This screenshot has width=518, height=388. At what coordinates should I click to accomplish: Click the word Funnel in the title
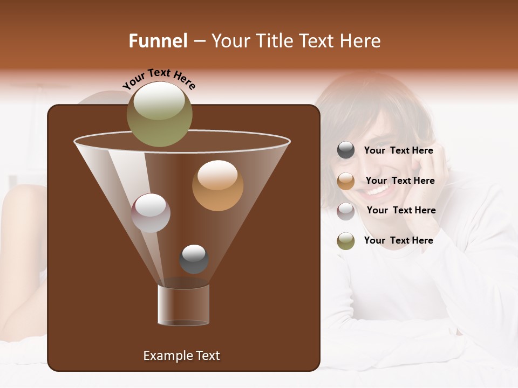click(158, 41)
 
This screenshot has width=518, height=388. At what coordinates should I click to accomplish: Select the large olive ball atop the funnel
click(160, 114)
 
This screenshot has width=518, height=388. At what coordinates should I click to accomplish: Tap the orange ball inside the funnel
click(217, 185)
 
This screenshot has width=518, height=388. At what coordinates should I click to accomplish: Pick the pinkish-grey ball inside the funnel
click(151, 213)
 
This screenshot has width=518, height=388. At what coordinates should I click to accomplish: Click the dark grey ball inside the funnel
click(194, 259)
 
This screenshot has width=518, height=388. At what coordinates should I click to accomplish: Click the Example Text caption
click(181, 356)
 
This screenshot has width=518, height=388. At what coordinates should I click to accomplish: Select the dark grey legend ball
click(346, 150)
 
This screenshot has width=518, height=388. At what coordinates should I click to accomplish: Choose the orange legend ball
click(346, 181)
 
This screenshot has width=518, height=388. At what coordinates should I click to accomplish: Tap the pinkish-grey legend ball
click(346, 211)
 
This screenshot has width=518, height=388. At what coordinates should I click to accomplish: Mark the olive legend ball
click(346, 241)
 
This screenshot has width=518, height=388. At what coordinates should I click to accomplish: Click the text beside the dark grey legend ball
click(398, 151)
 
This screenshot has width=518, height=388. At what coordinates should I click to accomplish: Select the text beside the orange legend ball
click(400, 181)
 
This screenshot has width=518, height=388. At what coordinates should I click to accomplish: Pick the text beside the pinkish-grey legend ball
click(401, 211)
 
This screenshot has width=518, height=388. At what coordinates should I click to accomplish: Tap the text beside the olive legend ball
click(398, 241)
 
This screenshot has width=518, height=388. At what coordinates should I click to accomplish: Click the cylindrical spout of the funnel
click(183, 304)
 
